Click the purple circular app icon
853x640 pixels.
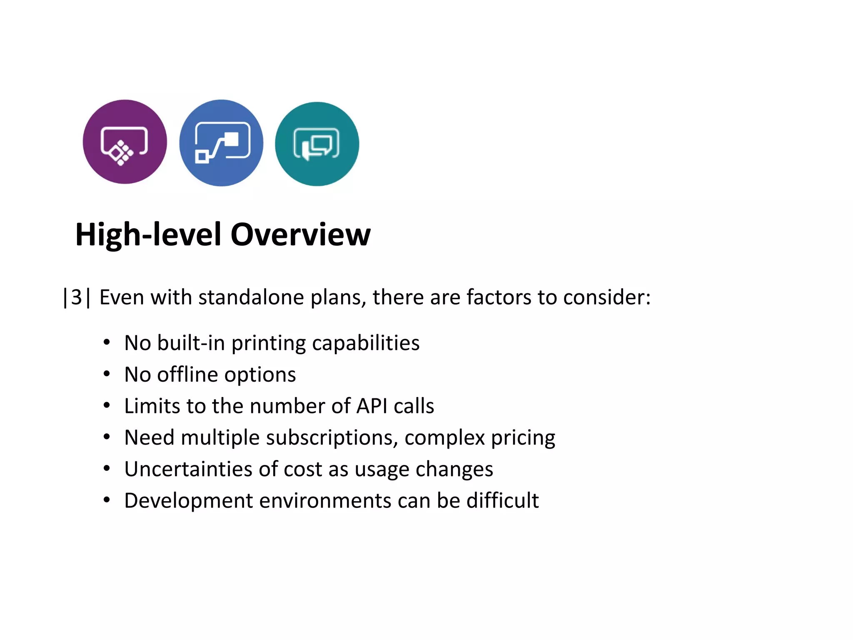coord(125,142)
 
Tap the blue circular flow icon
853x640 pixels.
coord(221,143)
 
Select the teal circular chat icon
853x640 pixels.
coord(317,144)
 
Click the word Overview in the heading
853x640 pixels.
coord(300,235)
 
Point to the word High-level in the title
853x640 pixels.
coord(148,235)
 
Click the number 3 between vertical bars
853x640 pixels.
coord(76,297)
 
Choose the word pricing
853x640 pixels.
coord(523,438)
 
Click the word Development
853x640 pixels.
coord(188,500)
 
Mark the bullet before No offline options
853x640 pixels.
coord(107,374)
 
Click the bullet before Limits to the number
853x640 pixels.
coord(107,405)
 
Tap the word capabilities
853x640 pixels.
coord(366,343)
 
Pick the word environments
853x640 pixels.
coord(325,500)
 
